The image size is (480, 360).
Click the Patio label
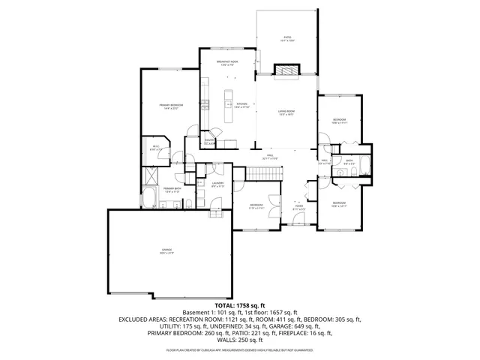click(287, 37)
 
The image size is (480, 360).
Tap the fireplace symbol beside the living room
click(286, 71)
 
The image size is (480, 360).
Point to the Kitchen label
click(241, 105)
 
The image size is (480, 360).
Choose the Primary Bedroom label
click(169, 106)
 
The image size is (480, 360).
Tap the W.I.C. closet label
click(156, 148)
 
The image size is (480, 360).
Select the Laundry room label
click(217, 184)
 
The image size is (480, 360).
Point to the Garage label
click(166, 251)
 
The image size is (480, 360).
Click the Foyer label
click(298, 207)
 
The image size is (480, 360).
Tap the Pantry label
click(210, 142)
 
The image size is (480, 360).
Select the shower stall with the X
click(151, 177)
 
